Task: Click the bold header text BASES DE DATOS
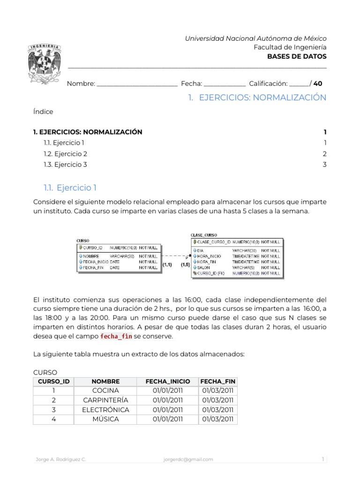297,56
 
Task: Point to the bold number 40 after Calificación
318,83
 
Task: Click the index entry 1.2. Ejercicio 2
65,154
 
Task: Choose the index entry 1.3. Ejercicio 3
65,165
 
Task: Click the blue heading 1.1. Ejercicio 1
70,188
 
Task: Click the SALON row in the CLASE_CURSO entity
204,267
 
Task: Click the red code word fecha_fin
116,337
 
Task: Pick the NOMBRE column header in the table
105,382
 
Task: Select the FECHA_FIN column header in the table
217,382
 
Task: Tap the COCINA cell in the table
105,391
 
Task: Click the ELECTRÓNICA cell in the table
105,410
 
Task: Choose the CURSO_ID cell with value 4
54,419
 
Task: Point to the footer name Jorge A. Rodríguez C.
61,459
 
